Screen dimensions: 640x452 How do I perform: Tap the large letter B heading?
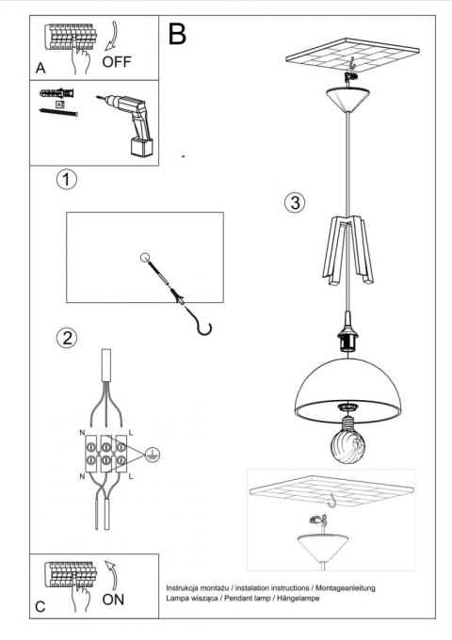[x=177, y=36]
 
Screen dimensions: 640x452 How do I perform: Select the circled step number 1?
[x=65, y=179]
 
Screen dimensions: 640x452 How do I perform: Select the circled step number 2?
[x=65, y=338]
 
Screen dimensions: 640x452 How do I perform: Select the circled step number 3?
[x=295, y=202]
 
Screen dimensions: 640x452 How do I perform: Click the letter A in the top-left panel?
[x=40, y=69]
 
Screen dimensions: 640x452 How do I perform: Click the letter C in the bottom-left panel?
[x=40, y=608]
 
